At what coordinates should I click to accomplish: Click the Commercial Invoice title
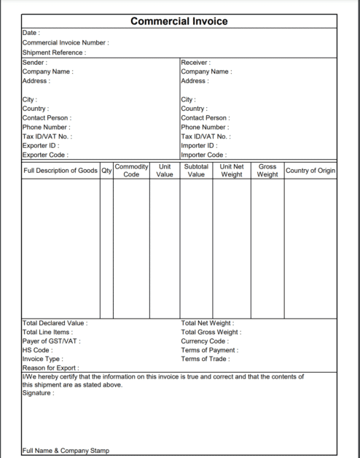[179, 21]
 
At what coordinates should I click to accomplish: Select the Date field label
[31, 34]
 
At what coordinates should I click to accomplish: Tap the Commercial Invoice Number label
[66, 43]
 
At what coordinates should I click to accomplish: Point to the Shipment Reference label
[54, 53]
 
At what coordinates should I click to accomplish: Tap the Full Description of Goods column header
[60, 171]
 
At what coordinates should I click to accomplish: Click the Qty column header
[106, 171]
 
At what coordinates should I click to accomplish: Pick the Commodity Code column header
[131, 171]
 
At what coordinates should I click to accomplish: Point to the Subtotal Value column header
[196, 171]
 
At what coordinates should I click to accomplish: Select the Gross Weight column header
[267, 171]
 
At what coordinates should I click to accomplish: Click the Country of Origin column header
[310, 171]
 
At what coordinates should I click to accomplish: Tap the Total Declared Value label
[55, 323]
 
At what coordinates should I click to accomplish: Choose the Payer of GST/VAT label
[51, 341]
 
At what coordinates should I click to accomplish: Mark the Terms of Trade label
[206, 359]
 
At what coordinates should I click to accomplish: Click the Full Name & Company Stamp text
[66, 451]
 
